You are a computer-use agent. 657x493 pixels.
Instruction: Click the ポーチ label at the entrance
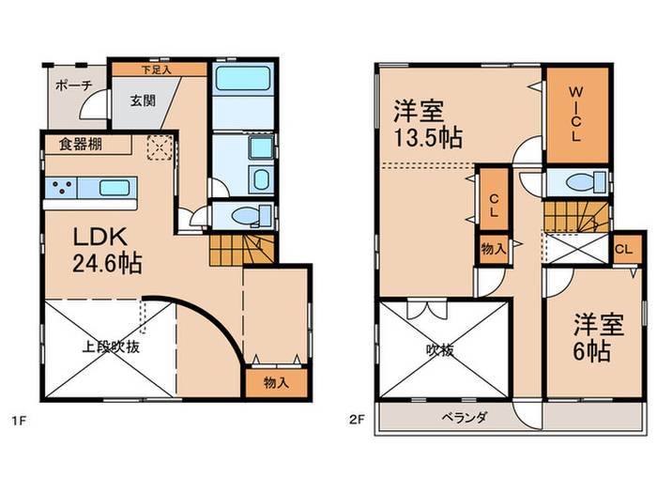(73, 84)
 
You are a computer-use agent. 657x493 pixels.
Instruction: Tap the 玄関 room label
(143, 102)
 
